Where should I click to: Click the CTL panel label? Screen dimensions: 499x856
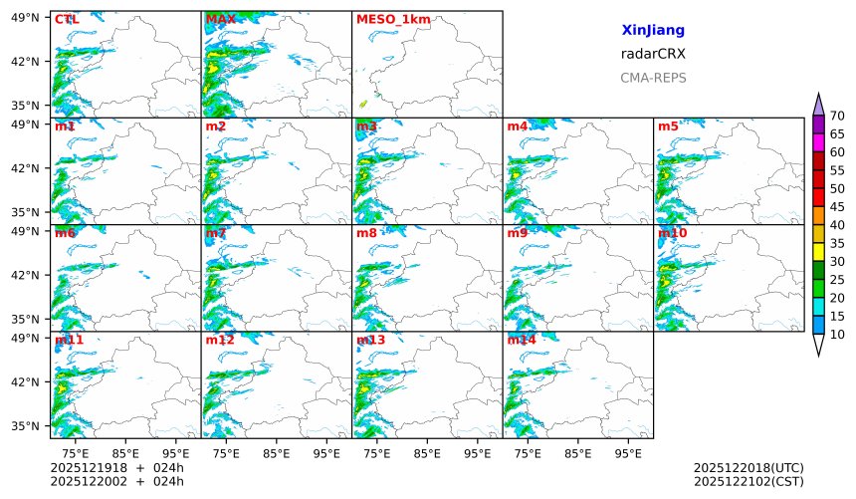[67, 19]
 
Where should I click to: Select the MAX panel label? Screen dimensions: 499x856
[220, 19]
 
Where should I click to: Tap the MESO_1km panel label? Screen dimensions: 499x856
[393, 19]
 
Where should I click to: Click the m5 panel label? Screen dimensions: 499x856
[668, 126]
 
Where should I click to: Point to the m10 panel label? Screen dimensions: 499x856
[672, 233]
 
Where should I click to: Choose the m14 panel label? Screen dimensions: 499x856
[522, 340]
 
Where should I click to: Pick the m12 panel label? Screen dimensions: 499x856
[220, 340]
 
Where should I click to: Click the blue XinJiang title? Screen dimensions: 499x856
[653, 31]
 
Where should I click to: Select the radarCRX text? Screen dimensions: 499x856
[653, 54]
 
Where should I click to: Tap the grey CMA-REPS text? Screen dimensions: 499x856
[653, 78]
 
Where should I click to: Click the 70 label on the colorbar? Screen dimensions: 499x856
[837, 117]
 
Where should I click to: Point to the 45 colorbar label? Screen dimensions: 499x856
[837, 207]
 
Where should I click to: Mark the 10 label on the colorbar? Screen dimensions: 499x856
[837, 335]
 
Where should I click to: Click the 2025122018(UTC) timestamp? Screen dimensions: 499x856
[748, 468]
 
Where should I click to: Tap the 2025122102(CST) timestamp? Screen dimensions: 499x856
[748, 482]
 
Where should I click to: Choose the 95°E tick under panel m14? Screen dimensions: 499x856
[628, 453]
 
